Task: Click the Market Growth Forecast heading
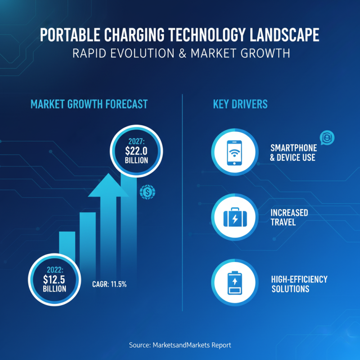[89, 104]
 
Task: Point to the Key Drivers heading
[240, 104]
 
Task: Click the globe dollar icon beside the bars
[148, 193]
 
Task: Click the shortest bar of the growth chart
[67, 245]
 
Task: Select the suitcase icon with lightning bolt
[234, 217]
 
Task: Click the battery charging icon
[234, 283]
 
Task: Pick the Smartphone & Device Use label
[293, 153]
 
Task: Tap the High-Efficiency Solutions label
[299, 283]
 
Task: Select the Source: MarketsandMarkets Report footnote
[180, 345]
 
